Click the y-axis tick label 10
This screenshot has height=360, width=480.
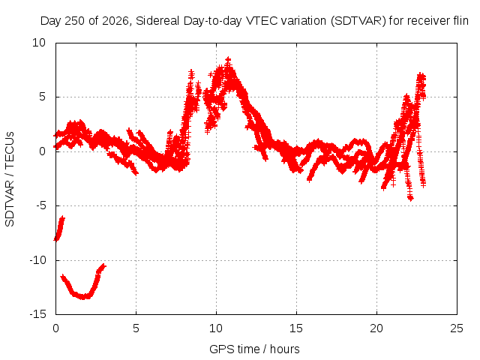(x=39, y=43)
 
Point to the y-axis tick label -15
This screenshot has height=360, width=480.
(x=38, y=314)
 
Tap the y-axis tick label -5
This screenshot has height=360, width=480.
(x=41, y=205)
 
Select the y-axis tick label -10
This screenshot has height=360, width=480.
(x=38, y=260)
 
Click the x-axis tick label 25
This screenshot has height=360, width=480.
(x=457, y=328)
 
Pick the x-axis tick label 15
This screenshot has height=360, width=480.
(x=296, y=328)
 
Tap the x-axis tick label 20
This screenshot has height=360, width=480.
(x=376, y=328)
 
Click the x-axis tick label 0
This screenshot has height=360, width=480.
(x=55, y=328)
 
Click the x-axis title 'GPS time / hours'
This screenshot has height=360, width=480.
(x=254, y=349)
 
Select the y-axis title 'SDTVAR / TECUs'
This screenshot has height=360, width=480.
(x=10, y=179)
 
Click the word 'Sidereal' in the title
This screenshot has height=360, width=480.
(x=157, y=21)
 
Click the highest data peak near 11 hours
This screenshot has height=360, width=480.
(x=228, y=59)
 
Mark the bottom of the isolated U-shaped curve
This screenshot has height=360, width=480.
(x=82, y=297)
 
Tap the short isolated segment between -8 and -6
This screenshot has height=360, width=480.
(x=59, y=228)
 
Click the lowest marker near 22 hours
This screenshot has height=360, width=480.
(x=410, y=198)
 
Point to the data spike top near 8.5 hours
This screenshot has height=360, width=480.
(x=191, y=72)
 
